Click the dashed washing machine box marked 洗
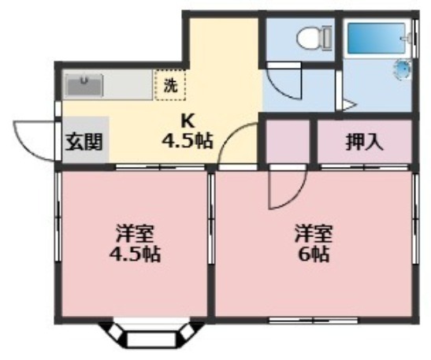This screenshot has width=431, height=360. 169,84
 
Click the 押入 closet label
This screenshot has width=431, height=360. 364,143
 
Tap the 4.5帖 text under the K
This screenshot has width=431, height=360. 187,142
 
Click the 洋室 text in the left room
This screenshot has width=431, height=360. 135,233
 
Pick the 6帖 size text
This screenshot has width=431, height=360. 314,254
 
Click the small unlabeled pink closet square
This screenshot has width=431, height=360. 288,143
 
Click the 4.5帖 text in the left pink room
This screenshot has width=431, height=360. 135,254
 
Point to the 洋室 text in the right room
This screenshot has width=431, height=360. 313,233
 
